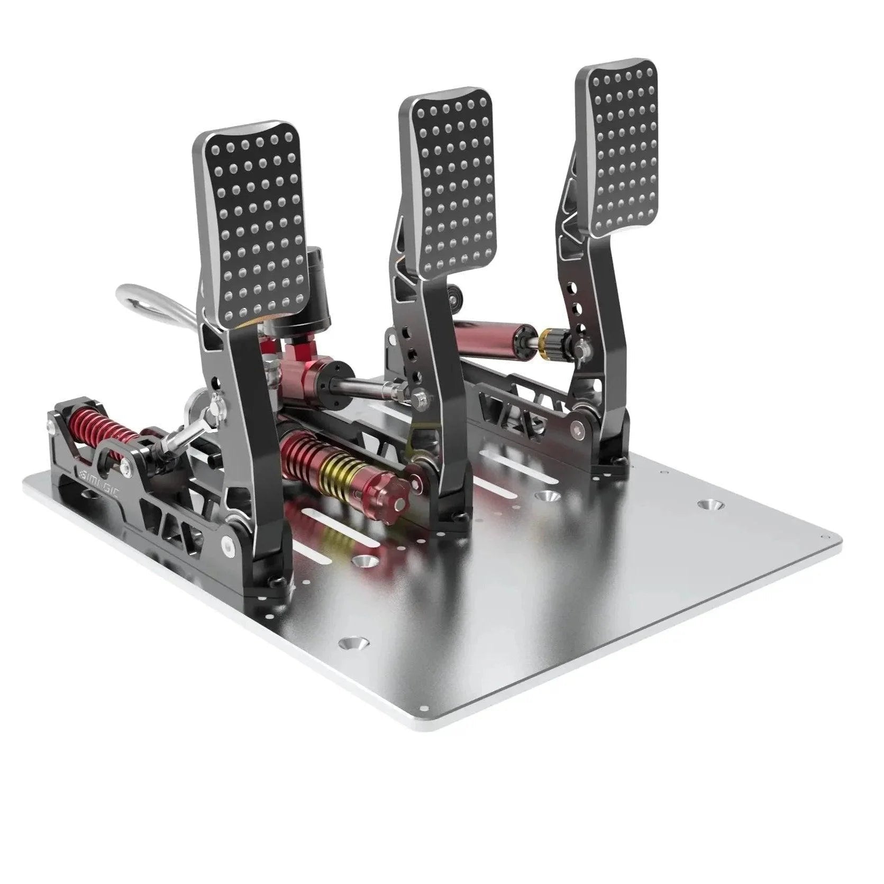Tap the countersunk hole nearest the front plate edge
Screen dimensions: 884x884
tap(353, 643)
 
